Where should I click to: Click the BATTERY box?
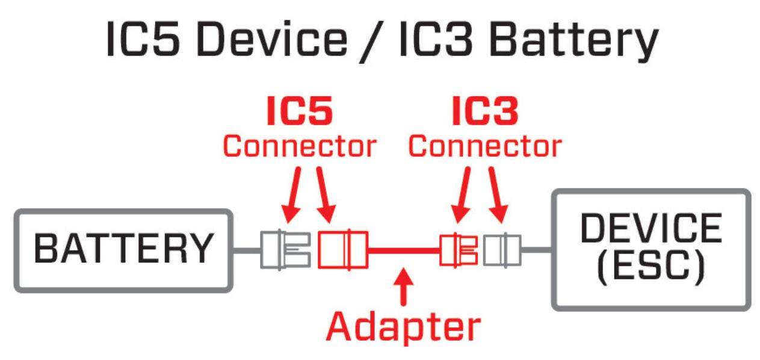pos(123,250)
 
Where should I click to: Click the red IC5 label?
pos(299,113)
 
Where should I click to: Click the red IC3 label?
pos(484,113)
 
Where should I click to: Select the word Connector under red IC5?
pos(299,146)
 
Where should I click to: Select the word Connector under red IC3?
pos(484,146)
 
